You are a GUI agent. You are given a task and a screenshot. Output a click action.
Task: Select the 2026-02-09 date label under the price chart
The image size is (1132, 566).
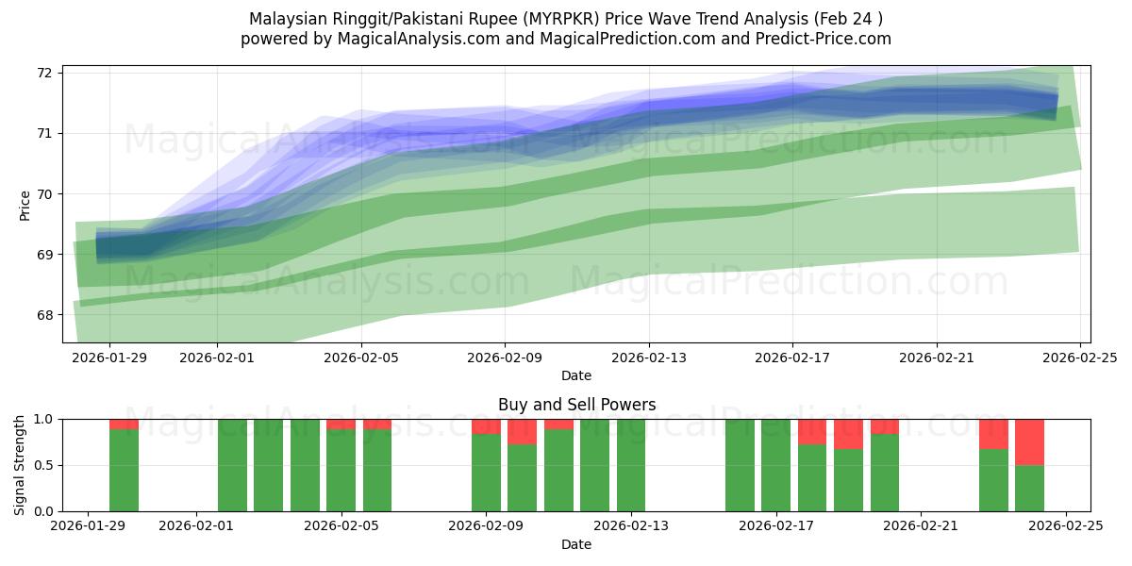tap(504, 358)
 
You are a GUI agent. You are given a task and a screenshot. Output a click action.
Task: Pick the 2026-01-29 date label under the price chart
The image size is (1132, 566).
tap(109, 358)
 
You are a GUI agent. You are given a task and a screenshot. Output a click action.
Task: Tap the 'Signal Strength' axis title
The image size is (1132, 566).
tap(21, 465)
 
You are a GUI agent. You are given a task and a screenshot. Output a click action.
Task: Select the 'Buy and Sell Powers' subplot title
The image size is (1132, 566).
tap(576, 405)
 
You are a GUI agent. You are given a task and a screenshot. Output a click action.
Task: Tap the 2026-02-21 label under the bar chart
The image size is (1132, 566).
tap(920, 527)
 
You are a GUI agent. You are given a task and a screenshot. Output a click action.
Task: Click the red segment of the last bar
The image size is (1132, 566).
tap(1029, 441)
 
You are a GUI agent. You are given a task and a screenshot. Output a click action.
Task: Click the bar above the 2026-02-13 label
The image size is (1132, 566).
tap(631, 465)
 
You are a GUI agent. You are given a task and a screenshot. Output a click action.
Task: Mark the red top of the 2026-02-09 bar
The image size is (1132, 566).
tap(486, 426)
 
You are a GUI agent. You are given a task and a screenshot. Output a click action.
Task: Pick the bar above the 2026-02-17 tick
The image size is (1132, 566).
tap(775, 465)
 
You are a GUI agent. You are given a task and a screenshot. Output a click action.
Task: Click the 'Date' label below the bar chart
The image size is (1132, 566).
tap(576, 544)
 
